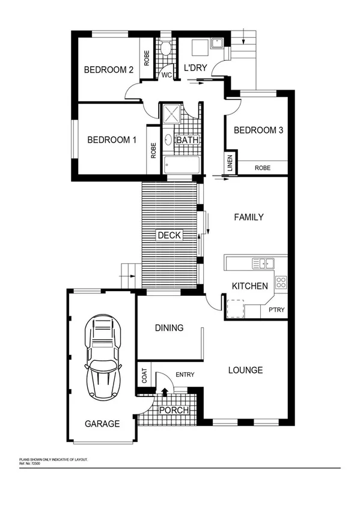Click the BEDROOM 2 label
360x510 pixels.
tap(108, 70)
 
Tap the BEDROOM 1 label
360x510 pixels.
tap(112, 140)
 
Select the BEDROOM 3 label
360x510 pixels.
tap(258, 131)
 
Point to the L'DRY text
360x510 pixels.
tap(195, 69)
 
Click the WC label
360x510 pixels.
tap(166, 76)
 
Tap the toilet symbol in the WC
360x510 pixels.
tap(166, 48)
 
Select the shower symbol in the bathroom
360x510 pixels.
tap(170, 113)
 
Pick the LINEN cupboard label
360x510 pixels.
tap(230, 162)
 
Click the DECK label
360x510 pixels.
tap(169, 236)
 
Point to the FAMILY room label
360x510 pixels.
tap(248, 217)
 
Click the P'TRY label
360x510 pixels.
tap(276, 310)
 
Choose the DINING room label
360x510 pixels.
tap(169, 328)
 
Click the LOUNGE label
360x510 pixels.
tap(245, 370)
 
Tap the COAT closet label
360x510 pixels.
tap(144, 376)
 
